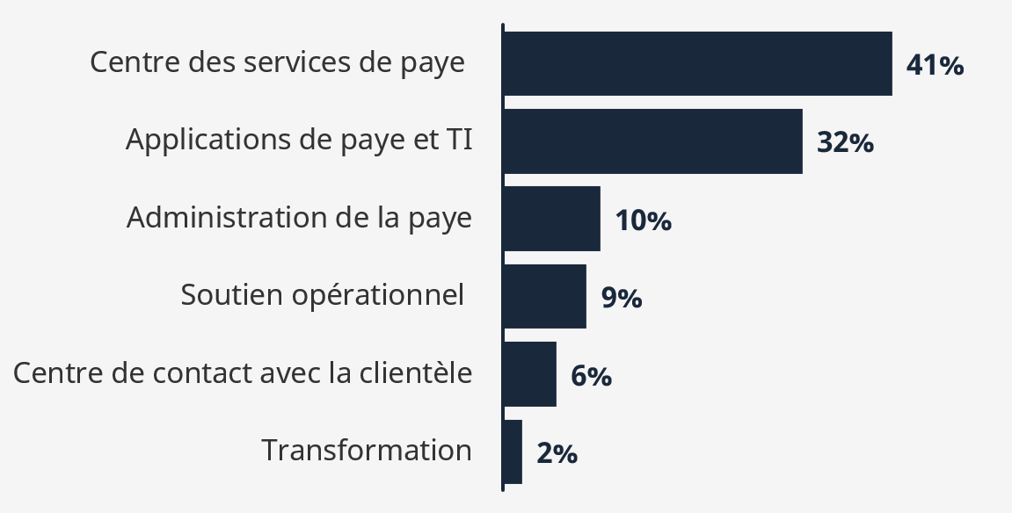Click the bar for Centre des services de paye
697,63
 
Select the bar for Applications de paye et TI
652,141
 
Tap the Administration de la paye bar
551,219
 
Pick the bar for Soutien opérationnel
544,296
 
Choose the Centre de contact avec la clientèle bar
529,374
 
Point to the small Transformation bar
513,452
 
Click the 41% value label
935,65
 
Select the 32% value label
845,142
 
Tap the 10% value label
643,220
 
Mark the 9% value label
621,299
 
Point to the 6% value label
591,376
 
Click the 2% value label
557,454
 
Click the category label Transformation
367,451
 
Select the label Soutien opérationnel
322,295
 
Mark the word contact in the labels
204,373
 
